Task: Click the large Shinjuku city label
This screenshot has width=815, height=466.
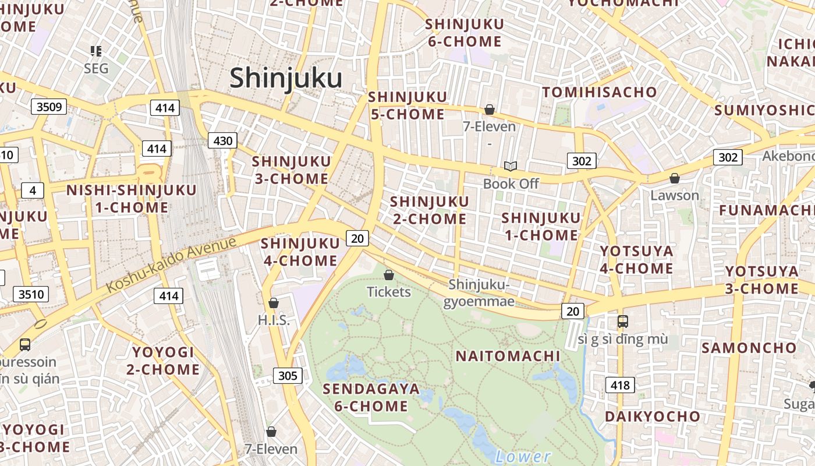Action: (286, 78)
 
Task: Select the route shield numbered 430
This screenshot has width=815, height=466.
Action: (223, 140)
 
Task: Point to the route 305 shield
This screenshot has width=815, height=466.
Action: (288, 376)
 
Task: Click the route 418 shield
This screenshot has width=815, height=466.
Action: (620, 384)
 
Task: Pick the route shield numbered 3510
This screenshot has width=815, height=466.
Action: (31, 294)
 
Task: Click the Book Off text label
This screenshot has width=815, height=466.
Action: (511, 183)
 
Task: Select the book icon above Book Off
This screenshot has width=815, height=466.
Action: (511, 167)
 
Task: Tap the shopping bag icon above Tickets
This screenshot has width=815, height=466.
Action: (389, 274)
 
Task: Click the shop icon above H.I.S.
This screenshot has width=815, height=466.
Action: (273, 303)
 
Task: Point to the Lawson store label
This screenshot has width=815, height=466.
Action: (675, 195)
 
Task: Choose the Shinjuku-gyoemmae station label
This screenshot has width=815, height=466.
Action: (479, 292)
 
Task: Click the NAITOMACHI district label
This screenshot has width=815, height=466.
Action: (508, 356)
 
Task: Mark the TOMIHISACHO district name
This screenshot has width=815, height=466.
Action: (600, 92)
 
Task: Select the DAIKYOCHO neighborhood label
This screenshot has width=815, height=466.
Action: (652, 416)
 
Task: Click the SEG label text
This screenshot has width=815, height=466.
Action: (96, 68)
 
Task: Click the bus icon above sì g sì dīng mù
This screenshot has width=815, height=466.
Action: (622, 321)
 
